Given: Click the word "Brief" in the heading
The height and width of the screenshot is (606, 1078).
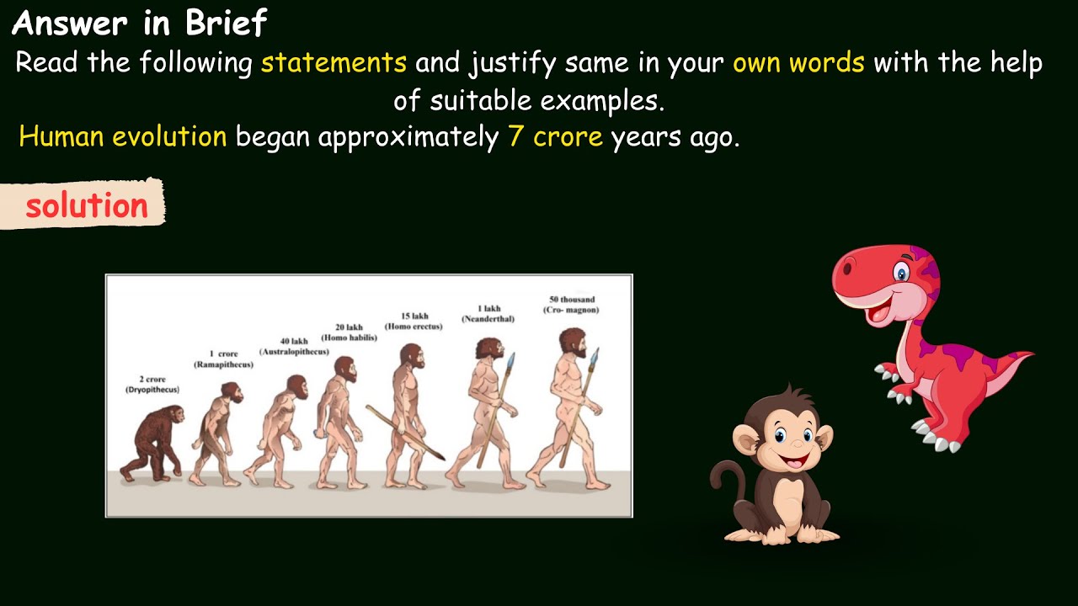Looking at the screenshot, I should pos(226,23).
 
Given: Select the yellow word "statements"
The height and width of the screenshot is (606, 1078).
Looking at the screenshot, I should pos(334,63).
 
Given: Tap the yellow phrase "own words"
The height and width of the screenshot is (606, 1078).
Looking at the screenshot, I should pos(798,63).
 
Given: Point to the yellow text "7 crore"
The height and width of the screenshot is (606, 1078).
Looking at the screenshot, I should pos(556,137).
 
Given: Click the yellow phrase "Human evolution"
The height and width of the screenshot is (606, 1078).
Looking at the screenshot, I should pos(123,137).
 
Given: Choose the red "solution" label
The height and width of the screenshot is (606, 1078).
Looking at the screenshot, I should pos(86,205).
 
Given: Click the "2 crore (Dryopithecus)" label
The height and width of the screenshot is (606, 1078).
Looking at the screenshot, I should pos(152,385).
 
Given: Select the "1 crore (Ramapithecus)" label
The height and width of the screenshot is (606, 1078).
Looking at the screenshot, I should pos(223,359).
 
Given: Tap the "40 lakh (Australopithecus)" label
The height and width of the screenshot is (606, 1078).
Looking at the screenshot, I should pos(294,346).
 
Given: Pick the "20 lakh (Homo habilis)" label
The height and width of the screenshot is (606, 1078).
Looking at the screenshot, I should pos(349,332).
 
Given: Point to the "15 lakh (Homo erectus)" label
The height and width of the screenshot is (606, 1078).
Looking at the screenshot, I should pos(414,321).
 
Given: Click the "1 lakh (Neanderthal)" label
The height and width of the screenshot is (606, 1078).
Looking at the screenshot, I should pos(488,314).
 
